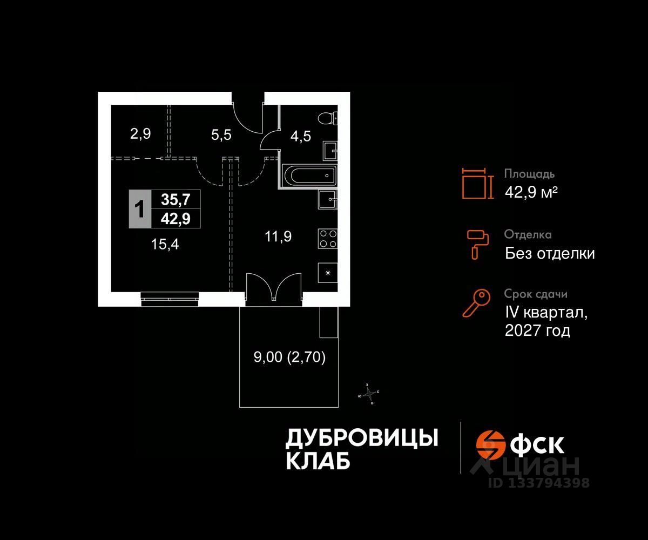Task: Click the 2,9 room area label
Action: pos(140,134)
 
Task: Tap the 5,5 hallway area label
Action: pos(221,134)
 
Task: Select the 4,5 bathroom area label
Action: pos(301,135)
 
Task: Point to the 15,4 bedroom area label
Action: pos(165,245)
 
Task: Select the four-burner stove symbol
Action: pos(328,239)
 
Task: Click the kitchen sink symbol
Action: pos(328,200)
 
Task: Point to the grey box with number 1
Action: pos(140,208)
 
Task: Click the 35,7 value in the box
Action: pos(176,200)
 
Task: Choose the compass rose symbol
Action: pos(369,394)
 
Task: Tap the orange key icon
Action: pos(476,303)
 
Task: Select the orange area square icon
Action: pos(477,183)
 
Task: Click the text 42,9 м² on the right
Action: pos(531,192)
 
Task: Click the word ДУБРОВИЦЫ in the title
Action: pos(361,438)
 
